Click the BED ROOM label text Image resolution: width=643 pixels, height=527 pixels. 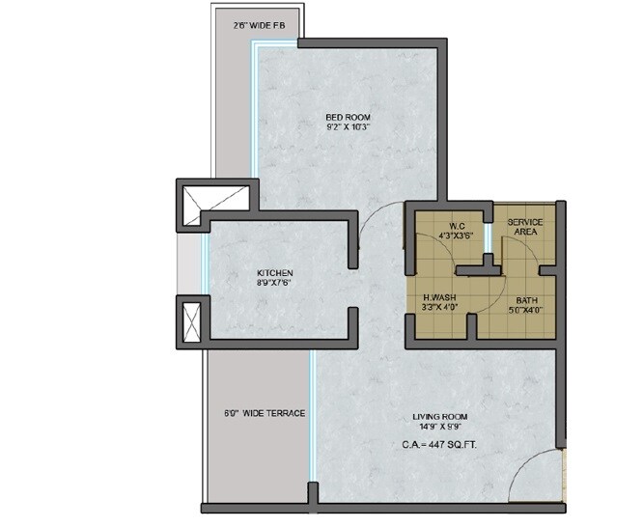pos(347,118)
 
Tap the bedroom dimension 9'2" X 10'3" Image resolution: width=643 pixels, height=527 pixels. pos(347,128)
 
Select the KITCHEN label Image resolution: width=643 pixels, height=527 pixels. pos(274,272)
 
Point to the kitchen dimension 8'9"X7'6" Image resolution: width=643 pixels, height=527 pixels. pos(274,283)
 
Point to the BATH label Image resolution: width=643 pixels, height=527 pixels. pos(526,300)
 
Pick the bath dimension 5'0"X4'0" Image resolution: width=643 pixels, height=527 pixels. pos(526,311)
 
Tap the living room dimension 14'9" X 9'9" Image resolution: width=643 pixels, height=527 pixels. pos(441,428)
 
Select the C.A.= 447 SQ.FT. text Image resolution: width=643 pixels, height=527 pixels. pos(441,445)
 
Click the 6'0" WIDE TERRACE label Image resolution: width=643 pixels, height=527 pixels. pos(265,413)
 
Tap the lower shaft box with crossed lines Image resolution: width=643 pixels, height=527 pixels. pos(190,319)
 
